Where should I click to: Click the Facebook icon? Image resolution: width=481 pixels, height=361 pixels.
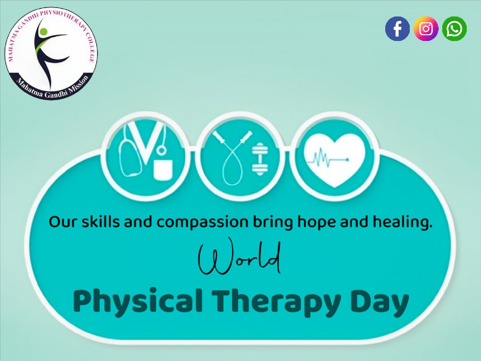[397, 29]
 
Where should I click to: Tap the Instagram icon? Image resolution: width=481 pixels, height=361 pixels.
[426, 29]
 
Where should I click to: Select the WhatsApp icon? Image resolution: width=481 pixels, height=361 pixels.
[454, 29]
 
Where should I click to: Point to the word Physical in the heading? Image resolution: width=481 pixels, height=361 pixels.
[138, 301]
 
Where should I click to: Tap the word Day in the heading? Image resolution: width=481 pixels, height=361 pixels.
[379, 302]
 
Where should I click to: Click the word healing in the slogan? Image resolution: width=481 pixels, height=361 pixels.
[403, 222]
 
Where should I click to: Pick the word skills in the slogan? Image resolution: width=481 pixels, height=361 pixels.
[100, 221]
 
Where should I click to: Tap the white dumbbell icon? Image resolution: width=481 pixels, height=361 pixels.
[260, 159]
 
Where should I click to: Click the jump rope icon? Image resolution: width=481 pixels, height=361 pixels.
[232, 158]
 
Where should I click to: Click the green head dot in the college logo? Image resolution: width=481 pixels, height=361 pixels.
[44, 32]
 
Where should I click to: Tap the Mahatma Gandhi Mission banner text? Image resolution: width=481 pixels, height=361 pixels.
[53, 87]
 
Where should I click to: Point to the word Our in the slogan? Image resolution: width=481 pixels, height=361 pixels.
[62, 222]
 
